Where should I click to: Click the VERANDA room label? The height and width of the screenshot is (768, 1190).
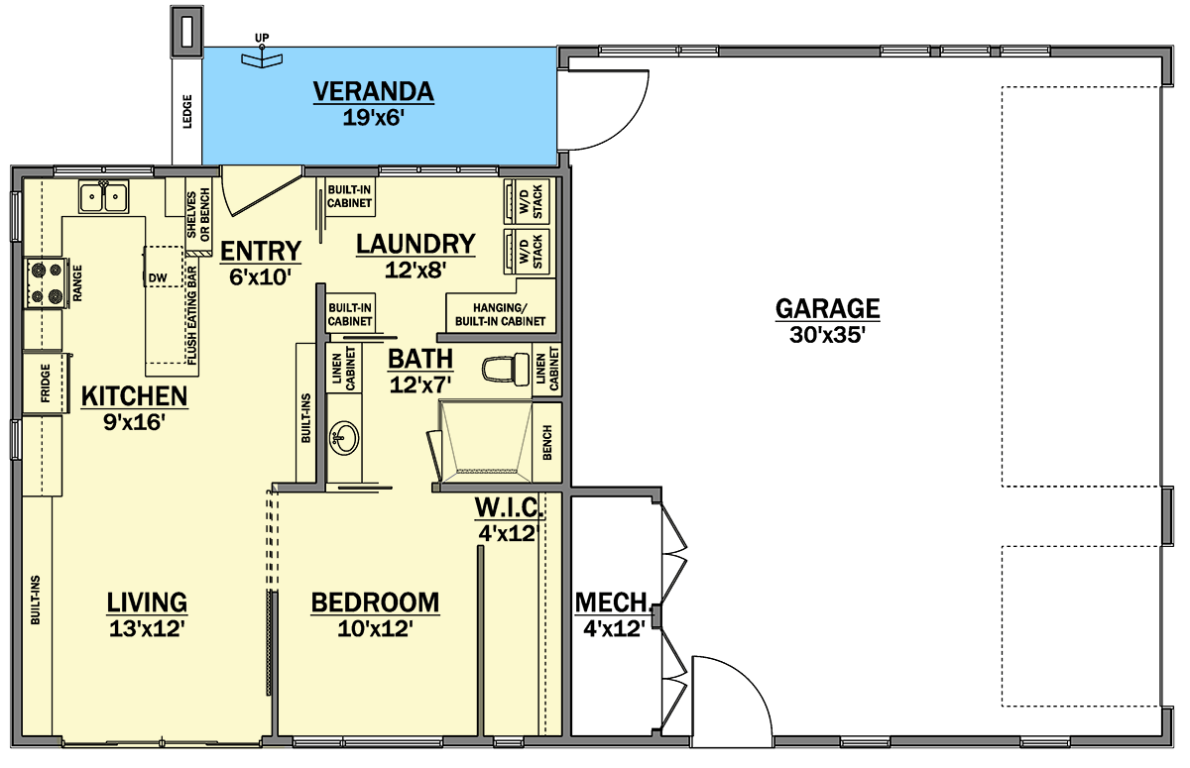pos(373,91)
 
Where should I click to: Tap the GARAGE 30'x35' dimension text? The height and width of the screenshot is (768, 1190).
pos(828,335)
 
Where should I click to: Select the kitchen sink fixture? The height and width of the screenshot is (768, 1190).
pos(103,197)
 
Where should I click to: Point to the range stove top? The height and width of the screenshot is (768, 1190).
pos(47,282)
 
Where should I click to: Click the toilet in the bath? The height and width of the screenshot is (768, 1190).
pos(506,368)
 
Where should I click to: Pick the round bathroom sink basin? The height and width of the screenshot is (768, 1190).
pos(344,438)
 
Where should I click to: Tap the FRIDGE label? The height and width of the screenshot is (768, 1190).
pos(46,383)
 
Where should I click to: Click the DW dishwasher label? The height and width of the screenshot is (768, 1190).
pos(158,277)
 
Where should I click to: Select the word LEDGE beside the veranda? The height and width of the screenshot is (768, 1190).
pos(187,111)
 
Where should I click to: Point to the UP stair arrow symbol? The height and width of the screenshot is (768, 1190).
pos(262,55)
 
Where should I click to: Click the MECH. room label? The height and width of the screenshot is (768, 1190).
pos(614,603)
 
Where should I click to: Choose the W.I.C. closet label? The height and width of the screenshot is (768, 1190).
pos(510,507)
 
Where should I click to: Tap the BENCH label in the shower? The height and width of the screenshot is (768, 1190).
pos(547,442)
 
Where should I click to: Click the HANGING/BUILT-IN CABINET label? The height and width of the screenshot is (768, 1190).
pos(500,315)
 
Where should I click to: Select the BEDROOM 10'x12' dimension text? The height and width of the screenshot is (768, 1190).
pos(375,629)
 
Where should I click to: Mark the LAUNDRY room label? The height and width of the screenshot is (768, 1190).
pos(416,244)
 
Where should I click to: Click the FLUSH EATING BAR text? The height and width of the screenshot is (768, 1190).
pos(191,316)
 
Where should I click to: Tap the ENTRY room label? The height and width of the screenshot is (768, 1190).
pos(260,251)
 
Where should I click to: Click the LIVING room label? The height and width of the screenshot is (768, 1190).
pos(147,603)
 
